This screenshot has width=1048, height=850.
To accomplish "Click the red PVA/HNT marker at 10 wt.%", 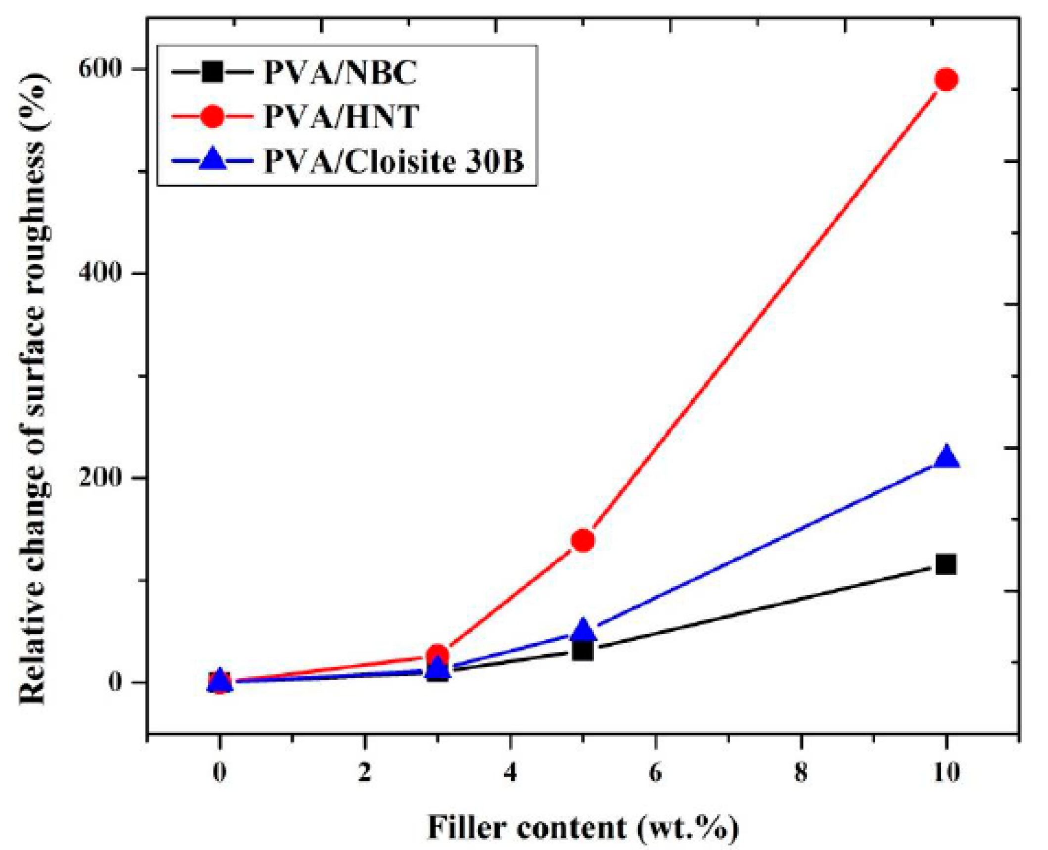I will pyautogui.click(x=946, y=80).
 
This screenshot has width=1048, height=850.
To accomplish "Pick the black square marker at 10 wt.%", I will pyautogui.click(x=946, y=564).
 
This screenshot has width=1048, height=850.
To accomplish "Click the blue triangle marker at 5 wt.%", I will pyautogui.click(x=583, y=629).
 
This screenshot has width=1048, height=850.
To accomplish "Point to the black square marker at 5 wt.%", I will pyautogui.click(x=583, y=650).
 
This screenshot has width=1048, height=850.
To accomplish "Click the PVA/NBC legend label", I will pyautogui.click(x=340, y=73).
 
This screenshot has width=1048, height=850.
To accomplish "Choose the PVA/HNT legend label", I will pyautogui.click(x=341, y=117).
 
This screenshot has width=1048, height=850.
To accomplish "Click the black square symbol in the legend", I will pyautogui.click(x=213, y=72).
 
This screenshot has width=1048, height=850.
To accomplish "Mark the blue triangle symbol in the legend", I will pyautogui.click(x=213, y=159).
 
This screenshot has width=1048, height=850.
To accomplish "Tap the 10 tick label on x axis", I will pyautogui.click(x=946, y=773).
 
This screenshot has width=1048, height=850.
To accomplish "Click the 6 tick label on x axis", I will pyautogui.click(x=655, y=773).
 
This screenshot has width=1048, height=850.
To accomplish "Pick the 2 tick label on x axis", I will pyautogui.click(x=365, y=773).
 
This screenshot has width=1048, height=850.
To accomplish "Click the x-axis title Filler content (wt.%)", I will pyautogui.click(x=582, y=827).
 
